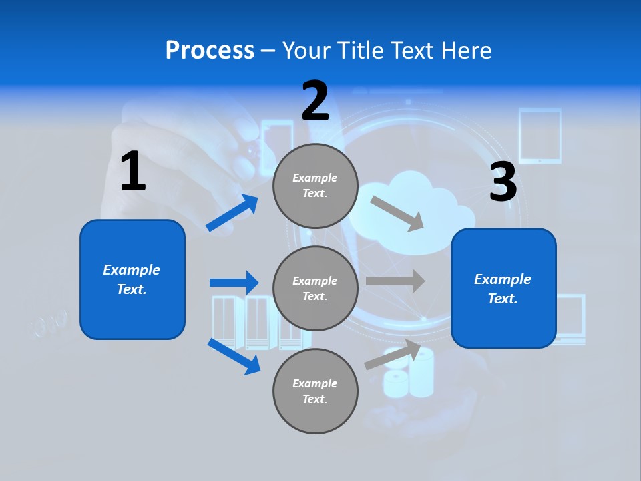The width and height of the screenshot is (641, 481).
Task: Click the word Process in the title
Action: [x=210, y=51]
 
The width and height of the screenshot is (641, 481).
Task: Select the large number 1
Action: [x=133, y=172]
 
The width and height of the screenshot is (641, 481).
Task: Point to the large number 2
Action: [x=315, y=101]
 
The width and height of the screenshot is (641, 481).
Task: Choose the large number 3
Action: [x=503, y=182]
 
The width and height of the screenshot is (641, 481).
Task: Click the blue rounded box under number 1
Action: [x=132, y=279]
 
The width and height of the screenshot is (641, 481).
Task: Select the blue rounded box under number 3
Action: [x=503, y=288]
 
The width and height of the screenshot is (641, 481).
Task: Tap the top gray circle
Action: [x=315, y=186]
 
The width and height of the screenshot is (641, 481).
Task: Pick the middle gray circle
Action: [x=315, y=288]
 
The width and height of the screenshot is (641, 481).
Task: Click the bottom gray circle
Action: [x=315, y=391]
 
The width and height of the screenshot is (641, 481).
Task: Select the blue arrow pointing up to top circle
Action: [x=232, y=213]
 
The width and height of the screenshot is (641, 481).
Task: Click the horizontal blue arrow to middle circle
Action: [x=234, y=283]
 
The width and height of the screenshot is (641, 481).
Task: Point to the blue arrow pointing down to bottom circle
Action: [x=234, y=356]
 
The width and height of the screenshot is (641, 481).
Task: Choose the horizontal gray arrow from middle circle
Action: [x=395, y=281]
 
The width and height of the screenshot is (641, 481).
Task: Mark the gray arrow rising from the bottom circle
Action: [x=393, y=355]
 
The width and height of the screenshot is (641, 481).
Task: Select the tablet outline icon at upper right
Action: [x=540, y=136]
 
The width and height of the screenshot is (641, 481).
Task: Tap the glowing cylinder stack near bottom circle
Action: [x=409, y=374]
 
